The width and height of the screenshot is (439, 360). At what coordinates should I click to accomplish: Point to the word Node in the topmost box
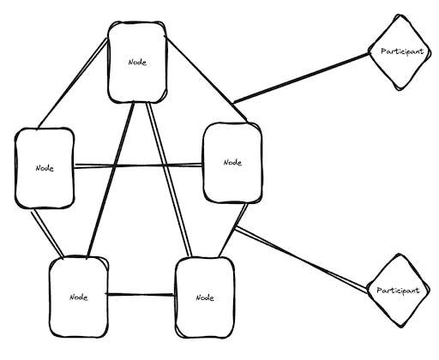point(137,62)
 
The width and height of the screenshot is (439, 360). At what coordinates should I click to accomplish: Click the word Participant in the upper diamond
point(402,51)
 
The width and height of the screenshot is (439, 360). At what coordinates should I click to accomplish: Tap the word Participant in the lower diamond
point(398,291)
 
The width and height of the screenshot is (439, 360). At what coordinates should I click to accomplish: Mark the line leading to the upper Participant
point(301,78)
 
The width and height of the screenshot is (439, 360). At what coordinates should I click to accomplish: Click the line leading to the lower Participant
point(301,260)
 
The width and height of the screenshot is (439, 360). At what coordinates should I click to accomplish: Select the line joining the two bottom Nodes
point(140,295)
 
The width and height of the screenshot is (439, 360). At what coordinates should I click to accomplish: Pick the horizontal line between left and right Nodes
point(139,165)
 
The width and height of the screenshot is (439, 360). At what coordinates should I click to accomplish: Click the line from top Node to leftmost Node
point(73,83)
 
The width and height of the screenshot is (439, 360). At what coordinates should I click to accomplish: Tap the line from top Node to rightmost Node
point(206,79)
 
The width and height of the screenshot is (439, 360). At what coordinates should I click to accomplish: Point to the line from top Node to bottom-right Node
point(169,179)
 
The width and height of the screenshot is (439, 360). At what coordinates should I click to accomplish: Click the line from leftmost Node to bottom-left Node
point(47,233)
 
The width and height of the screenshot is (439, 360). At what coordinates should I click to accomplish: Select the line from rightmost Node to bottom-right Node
point(233,231)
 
